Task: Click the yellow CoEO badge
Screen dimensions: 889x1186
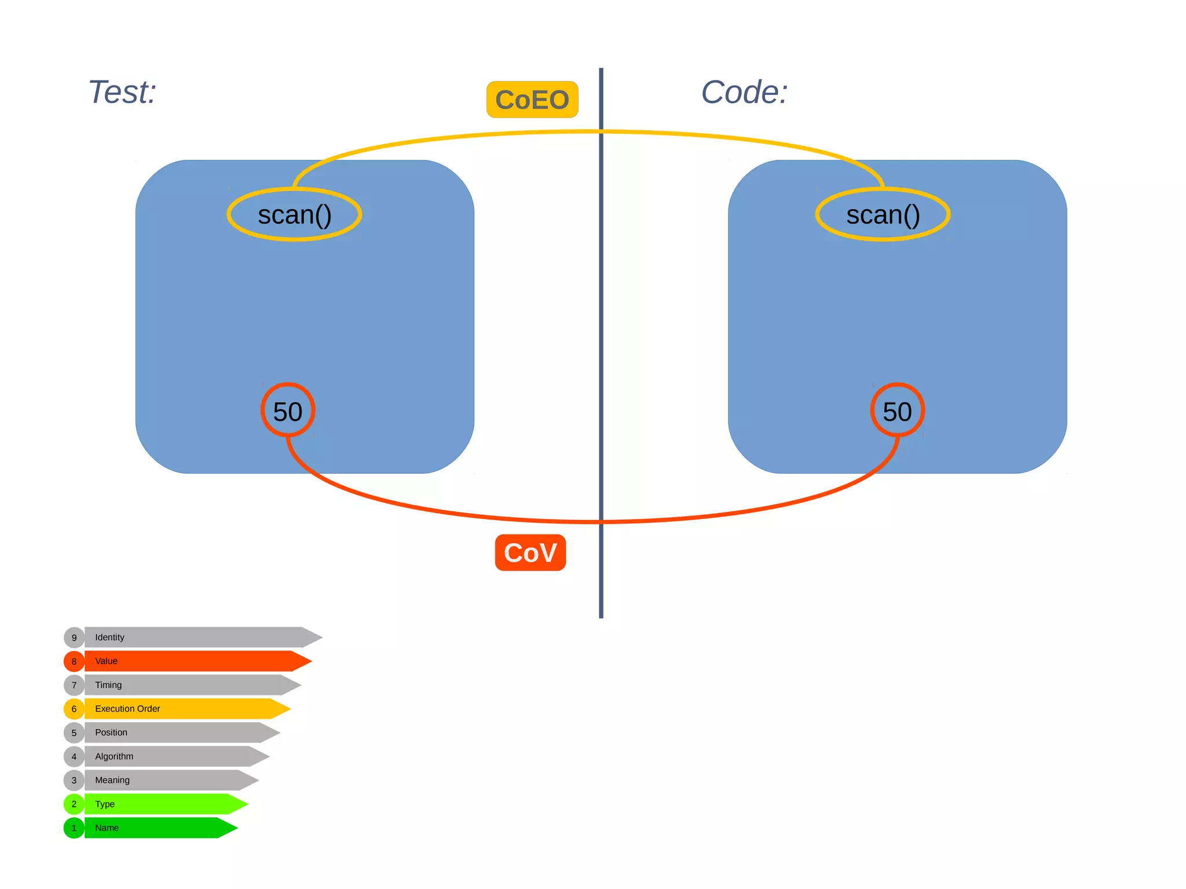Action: point(532,100)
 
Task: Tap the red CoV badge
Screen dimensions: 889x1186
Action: point(530,553)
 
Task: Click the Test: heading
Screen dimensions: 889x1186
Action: point(122,92)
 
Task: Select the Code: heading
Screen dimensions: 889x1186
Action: point(744,92)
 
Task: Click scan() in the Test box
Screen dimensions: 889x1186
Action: point(294,215)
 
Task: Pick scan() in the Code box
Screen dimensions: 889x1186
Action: point(883,215)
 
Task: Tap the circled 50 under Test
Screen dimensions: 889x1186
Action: point(288,411)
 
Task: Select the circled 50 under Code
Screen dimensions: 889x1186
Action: point(897,411)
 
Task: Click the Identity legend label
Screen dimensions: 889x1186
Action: point(109,637)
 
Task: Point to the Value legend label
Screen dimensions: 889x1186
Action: point(106,661)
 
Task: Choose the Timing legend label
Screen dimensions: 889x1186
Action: point(108,685)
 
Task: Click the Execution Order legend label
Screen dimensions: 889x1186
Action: point(127,708)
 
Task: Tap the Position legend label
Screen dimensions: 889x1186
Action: point(111,732)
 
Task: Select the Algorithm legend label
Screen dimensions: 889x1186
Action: point(114,756)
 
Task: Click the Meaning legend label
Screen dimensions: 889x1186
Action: point(112,780)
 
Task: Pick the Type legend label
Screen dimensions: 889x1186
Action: point(105,804)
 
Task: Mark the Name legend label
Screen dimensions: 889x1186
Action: point(107,828)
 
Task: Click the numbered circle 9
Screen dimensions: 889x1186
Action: point(74,637)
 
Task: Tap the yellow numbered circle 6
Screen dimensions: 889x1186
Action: point(74,708)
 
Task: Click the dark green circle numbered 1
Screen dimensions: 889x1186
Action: point(74,828)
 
